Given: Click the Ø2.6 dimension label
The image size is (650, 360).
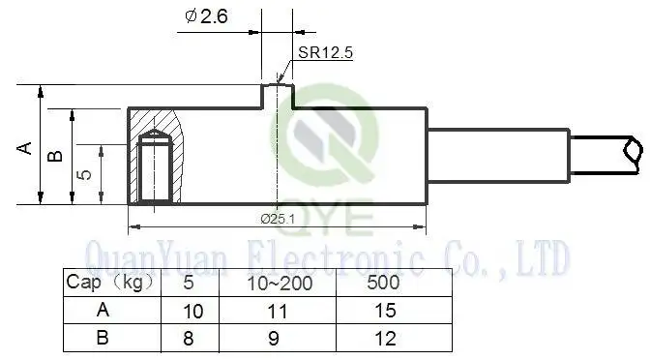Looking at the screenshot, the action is coord(206,16).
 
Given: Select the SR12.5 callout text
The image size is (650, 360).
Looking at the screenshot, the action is coord(325,52).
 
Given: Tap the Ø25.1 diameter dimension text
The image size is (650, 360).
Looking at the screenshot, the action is coord(279,219).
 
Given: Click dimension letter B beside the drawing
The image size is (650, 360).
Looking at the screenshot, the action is coord(55,156).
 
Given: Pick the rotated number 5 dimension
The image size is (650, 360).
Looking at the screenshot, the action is coord(84,173).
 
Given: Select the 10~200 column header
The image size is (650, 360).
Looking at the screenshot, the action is coord(280,284).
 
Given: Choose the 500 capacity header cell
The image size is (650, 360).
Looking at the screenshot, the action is coord(383,283).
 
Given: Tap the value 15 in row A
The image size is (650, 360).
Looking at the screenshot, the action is coord(385,311).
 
